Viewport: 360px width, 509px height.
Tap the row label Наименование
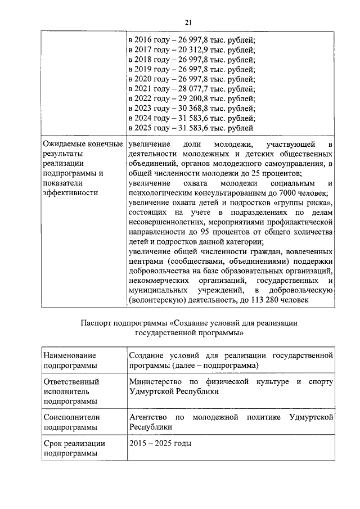[70, 355]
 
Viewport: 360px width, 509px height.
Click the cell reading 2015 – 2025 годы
[160, 443]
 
